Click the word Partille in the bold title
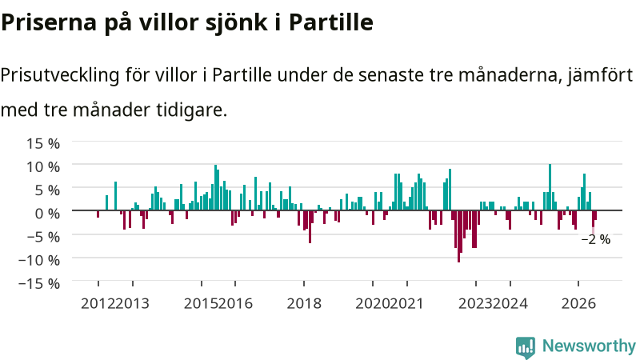point(331,22)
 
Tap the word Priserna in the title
point(49,22)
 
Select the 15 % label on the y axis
point(43,143)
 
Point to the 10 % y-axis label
point(43,166)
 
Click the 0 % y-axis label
point(47,213)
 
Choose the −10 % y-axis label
point(39,259)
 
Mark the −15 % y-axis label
point(39,283)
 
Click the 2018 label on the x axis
point(304,304)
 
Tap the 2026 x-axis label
point(578,304)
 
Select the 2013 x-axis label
point(133,304)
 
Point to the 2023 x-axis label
point(476,304)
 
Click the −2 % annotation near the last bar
point(596,239)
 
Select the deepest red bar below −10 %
point(458,236)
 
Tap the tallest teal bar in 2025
point(550,187)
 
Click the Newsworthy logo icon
point(526,347)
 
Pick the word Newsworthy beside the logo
point(589,346)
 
